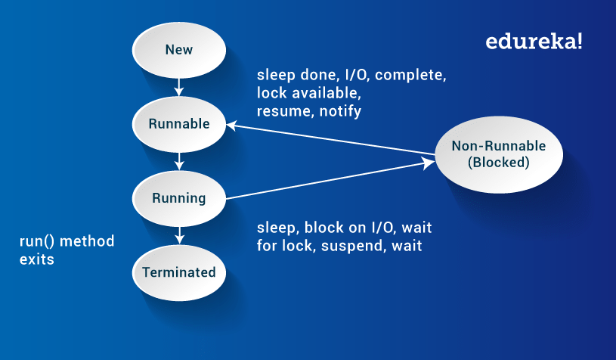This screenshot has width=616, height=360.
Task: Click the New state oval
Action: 179,51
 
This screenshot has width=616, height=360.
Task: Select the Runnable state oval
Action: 179,124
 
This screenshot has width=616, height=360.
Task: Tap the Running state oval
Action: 179,198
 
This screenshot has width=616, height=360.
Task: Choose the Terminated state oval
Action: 179,272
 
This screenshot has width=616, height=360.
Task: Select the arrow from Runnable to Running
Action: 179,160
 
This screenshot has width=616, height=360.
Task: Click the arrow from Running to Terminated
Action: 179,234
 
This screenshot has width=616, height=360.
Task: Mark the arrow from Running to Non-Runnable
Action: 333,178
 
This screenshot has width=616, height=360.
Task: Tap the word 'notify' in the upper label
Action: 340,111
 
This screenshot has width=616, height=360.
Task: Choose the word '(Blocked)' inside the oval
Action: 498,163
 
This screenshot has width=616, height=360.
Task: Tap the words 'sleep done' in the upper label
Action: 291,76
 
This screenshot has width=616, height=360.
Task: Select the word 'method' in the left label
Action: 88,242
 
